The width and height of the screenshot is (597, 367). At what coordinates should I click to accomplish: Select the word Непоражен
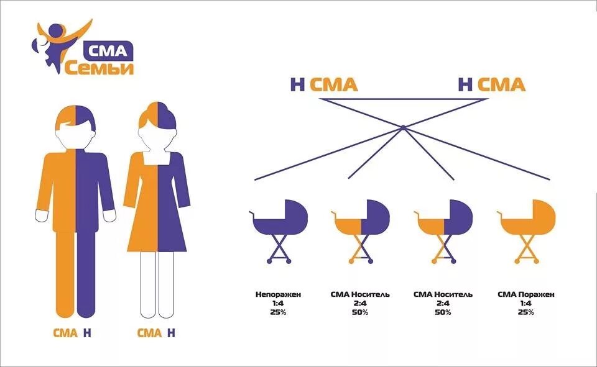click(x=278, y=294)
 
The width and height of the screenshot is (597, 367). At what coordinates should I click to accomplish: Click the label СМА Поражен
click(x=526, y=294)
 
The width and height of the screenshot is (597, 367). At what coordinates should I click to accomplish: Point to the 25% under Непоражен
click(x=278, y=312)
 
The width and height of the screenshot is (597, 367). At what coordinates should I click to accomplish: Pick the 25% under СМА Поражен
click(x=526, y=312)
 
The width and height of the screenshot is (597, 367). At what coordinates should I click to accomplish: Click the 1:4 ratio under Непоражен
click(x=278, y=303)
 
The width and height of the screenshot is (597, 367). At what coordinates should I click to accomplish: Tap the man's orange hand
click(x=42, y=216)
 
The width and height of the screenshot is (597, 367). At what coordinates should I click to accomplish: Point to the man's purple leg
click(x=86, y=273)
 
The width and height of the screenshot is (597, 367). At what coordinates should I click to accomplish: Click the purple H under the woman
click(x=171, y=333)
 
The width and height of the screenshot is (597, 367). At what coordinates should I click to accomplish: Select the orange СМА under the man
click(x=65, y=333)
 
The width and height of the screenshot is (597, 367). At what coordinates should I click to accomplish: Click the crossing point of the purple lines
click(x=403, y=128)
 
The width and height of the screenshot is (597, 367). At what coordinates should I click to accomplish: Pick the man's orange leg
click(x=65, y=273)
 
